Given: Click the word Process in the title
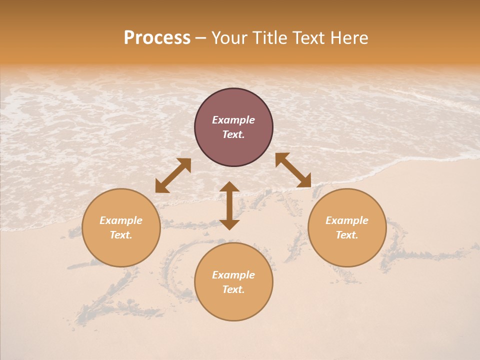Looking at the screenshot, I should pyautogui.click(x=157, y=38).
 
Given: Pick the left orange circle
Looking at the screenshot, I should pyautogui.click(x=121, y=250).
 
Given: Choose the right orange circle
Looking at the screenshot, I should pyautogui.click(x=347, y=250).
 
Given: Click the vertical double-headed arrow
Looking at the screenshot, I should pyautogui.click(x=229, y=205).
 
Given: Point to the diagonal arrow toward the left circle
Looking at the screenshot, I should pyautogui.click(x=173, y=175).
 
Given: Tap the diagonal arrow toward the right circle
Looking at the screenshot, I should pyautogui.click(x=293, y=170).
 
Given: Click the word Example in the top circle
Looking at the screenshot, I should pyautogui.click(x=233, y=120).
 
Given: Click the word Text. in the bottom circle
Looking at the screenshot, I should pyautogui.click(x=233, y=289).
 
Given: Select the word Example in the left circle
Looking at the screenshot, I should pyautogui.click(x=121, y=220).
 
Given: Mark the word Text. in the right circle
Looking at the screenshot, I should pyautogui.click(x=347, y=235).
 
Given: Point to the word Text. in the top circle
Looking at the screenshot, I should pyautogui.click(x=233, y=134).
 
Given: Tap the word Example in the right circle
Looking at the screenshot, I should pyautogui.click(x=347, y=220).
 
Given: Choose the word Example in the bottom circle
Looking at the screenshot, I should pyautogui.click(x=233, y=275).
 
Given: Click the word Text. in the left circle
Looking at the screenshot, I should pyautogui.click(x=121, y=235).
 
